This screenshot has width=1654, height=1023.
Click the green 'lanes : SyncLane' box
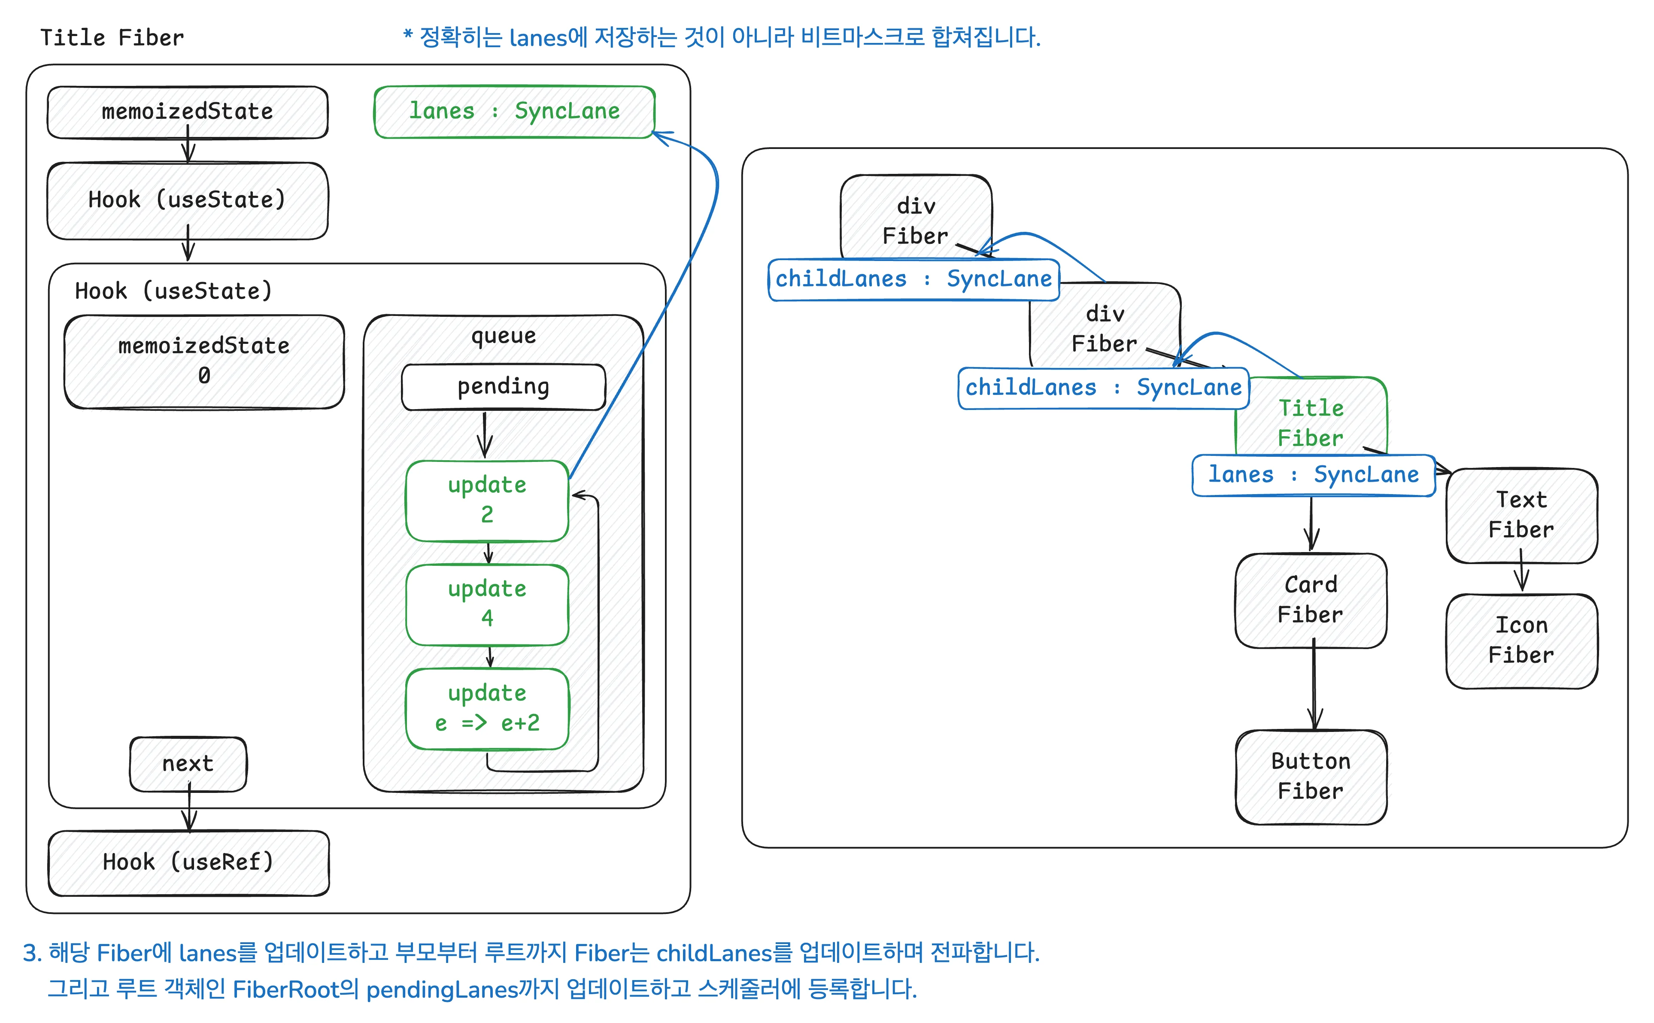[x=514, y=112]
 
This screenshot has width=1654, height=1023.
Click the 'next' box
[x=188, y=764]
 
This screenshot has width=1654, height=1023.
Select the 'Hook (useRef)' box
[x=188, y=862]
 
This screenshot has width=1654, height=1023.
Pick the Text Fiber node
[x=1521, y=514]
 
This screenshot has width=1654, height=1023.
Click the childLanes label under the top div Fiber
[x=913, y=279]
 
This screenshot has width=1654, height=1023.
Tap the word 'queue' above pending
[x=503, y=336]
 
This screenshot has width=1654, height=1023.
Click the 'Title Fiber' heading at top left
[x=112, y=38]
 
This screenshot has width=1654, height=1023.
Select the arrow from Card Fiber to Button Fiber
[x=1314, y=687]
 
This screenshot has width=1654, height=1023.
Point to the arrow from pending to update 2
[x=484, y=434]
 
